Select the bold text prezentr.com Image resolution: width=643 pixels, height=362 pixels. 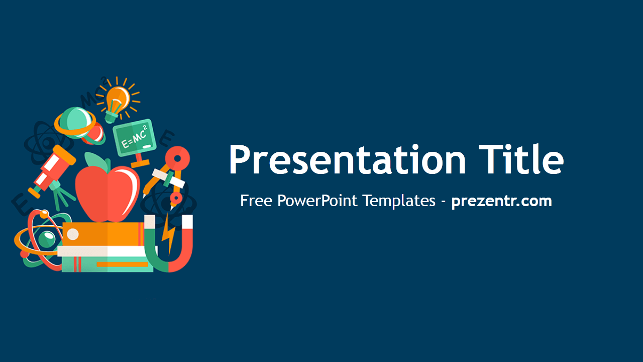pos(501,201)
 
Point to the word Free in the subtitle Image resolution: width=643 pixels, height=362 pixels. pos(257,201)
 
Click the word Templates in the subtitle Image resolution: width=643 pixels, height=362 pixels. pos(399,201)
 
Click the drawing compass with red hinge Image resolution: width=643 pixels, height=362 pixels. pos(171,173)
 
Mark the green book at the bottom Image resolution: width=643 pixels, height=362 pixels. pos(108,264)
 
